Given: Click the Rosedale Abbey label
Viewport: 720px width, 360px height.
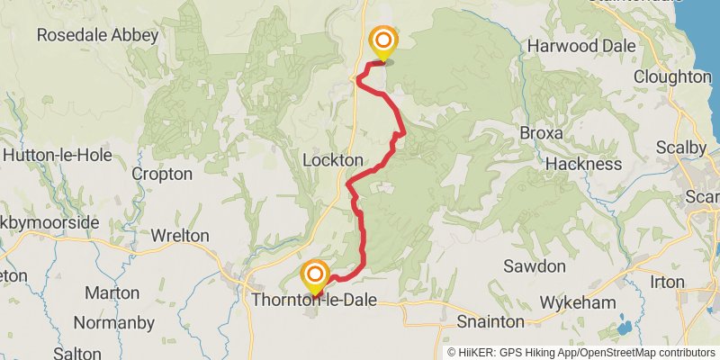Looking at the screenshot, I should pos(97,36).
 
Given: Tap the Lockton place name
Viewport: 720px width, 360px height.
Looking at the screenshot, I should pos(333,159).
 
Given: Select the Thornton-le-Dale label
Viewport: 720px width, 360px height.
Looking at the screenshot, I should pos(314,300).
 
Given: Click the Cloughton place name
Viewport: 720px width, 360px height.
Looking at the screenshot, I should pos(671,77).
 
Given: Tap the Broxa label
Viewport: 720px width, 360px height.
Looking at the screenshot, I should pos(542,133).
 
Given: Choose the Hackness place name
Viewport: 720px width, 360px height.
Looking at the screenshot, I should pos(583,164).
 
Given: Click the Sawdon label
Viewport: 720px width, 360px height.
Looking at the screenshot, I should pos(535,266).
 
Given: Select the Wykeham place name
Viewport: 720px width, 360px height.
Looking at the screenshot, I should pos(572,300).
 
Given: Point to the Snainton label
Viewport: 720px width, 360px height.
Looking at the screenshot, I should pos(490,321).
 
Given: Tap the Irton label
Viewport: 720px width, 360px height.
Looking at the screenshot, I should pos(667,282).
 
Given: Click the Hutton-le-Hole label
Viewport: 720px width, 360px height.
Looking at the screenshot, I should pos(58,155).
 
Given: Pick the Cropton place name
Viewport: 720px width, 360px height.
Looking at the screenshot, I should pos(162,174).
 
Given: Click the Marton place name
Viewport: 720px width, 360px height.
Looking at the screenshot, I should pos(112,293).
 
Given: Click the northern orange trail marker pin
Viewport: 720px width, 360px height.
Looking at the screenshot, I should pos(383,42).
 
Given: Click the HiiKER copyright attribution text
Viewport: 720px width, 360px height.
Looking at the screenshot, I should pos(580,353).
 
